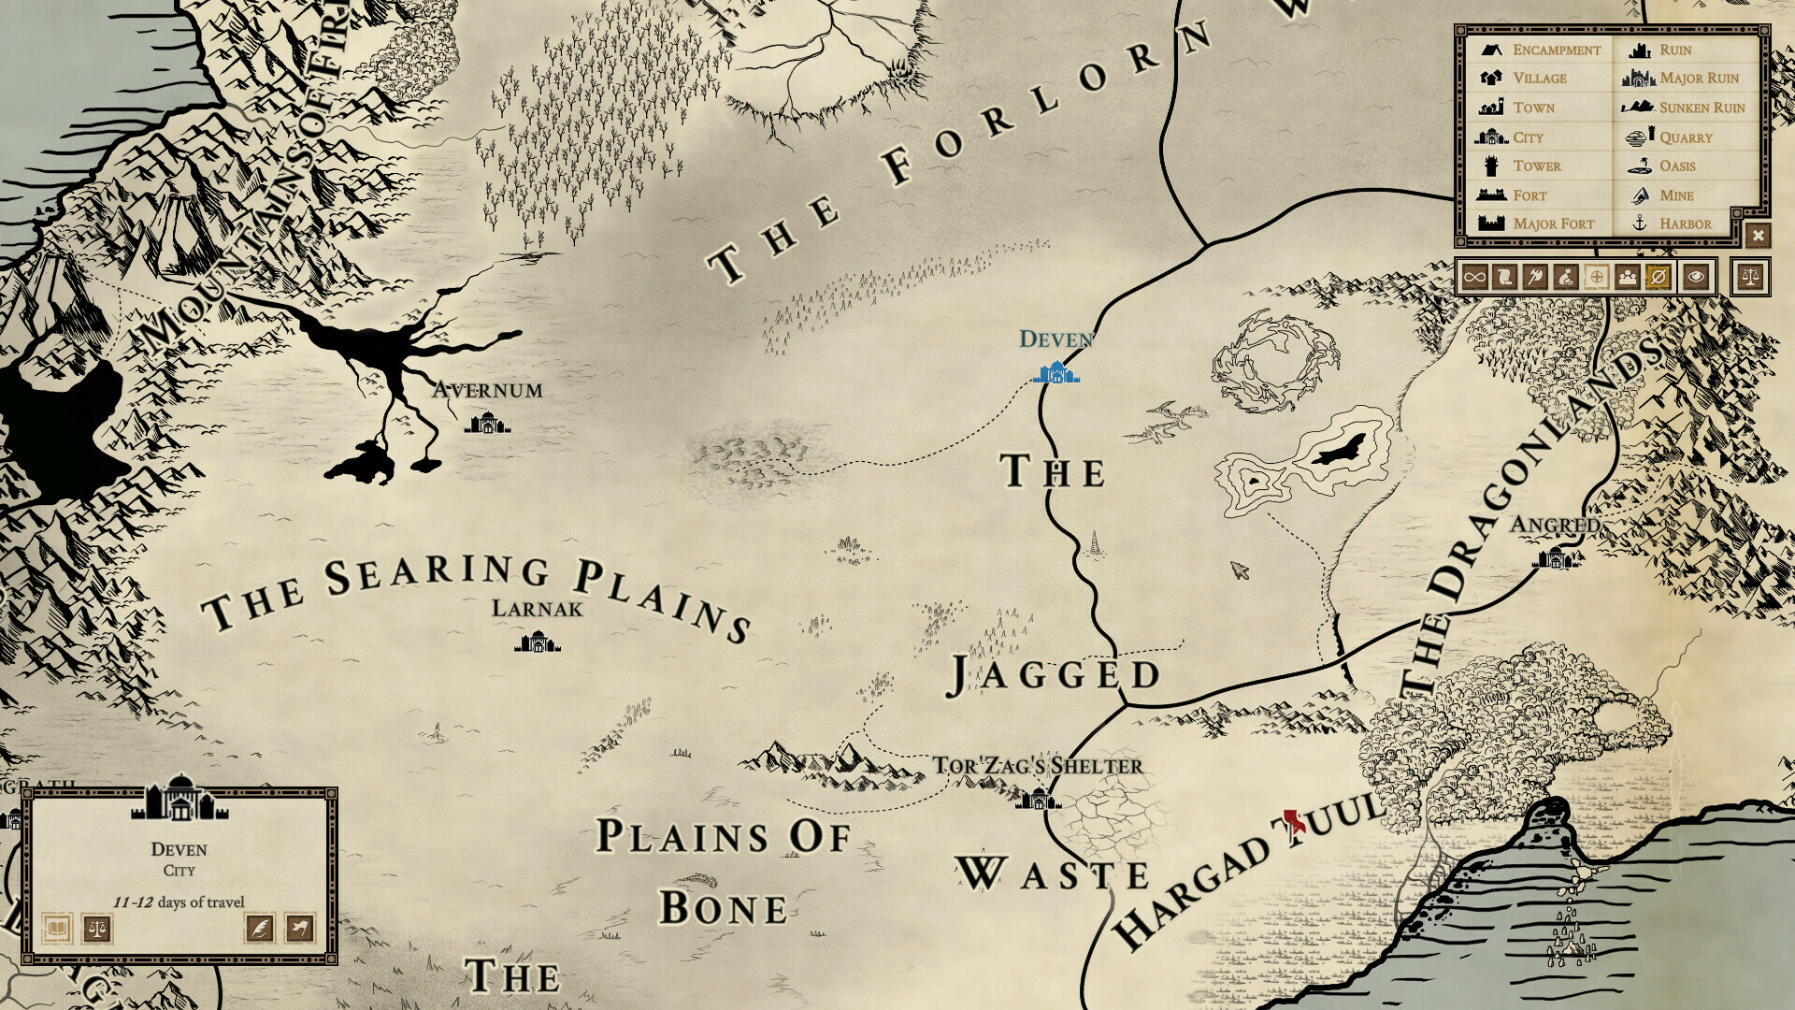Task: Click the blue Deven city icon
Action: click(1056, 374)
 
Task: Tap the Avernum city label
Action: click(487, 390)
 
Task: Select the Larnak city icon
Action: click(537, 642)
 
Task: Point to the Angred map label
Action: click(1554, 525)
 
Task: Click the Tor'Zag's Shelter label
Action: click(1038, 766)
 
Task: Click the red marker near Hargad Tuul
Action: click(1294, 822)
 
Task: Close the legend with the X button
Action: click(1758, 236)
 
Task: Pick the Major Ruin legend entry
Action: click(1698, 79)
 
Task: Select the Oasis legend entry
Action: click(1676, 166)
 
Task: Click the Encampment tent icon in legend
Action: click(1491, 50)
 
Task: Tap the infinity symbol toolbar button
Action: click(1474, 277)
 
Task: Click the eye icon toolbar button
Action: click(1696, 277)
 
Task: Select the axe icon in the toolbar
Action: click(1535, 277)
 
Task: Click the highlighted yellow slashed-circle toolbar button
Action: click(1658, 277)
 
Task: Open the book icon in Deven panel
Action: click(57, 929)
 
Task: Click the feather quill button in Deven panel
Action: click(259, 929)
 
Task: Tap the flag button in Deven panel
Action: click(299, 929)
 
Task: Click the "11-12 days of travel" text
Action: click(179, 902)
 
